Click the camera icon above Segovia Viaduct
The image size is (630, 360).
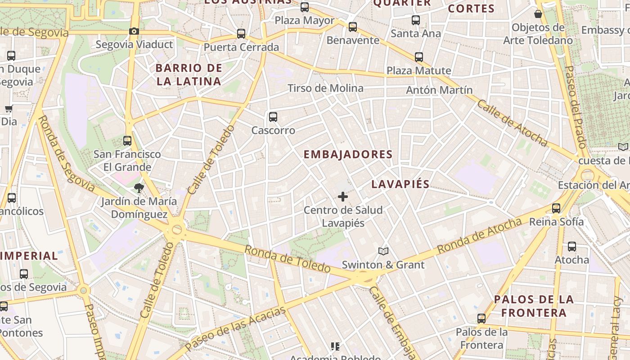134,31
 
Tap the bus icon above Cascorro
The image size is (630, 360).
273,117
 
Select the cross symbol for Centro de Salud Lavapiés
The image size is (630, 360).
343,196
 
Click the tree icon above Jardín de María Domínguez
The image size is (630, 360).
139,188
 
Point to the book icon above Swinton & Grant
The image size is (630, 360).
383,251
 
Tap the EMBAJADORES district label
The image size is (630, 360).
348,154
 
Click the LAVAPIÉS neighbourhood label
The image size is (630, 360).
400,184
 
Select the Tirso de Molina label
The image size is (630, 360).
325,88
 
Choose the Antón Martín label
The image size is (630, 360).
439,90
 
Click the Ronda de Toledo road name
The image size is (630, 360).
288,258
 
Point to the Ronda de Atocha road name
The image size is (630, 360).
479,235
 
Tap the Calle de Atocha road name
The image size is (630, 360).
512,123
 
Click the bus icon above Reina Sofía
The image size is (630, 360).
556,208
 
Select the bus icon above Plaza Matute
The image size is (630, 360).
419,57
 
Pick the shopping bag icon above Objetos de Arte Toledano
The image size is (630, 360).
538,14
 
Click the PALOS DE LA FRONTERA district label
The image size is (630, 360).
534,306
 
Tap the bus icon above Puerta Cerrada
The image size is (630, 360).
241,34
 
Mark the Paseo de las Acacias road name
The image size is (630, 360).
235,328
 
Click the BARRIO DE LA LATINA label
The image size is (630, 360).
189,75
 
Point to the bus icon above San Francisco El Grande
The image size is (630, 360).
127,140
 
